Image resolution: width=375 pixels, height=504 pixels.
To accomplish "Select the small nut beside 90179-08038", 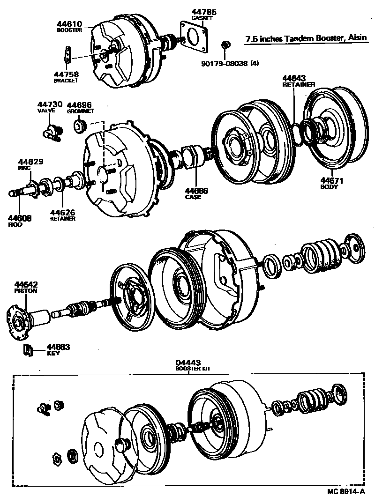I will tap(225, 45).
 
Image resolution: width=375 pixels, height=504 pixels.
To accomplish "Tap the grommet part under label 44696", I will tap(80, 126).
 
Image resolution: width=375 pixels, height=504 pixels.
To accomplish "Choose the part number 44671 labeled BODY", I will tap(332, 180).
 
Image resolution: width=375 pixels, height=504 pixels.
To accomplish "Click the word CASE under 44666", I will tap(193, 197).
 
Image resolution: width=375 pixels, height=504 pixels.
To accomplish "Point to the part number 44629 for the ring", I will tap(30, 162).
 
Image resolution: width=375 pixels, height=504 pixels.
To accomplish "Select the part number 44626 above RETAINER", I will tap(62, 212).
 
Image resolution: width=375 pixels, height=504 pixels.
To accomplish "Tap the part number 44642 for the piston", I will tap(26, 284).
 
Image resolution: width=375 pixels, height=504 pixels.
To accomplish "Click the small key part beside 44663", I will tap(28, 349).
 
